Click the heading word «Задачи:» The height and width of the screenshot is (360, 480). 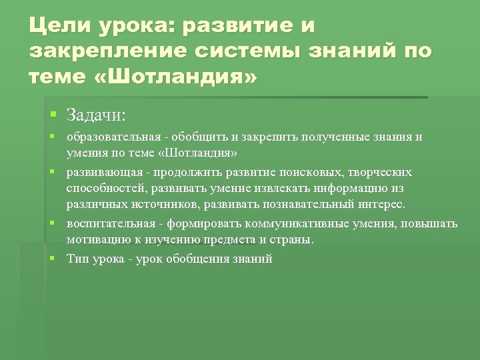pyautogui.click(x=96, y=115)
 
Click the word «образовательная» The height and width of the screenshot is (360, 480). pyautogui.click(x=112, y=137)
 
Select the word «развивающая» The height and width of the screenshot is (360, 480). pyautogui.click(x=101, y=172)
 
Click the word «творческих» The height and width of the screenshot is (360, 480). pyautogui.click(x=379, y=172)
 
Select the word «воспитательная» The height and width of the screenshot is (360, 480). pyautogui.click(x=107, y=223)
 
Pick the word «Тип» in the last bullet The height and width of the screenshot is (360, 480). pyautogui.click(x=77, y=259)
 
